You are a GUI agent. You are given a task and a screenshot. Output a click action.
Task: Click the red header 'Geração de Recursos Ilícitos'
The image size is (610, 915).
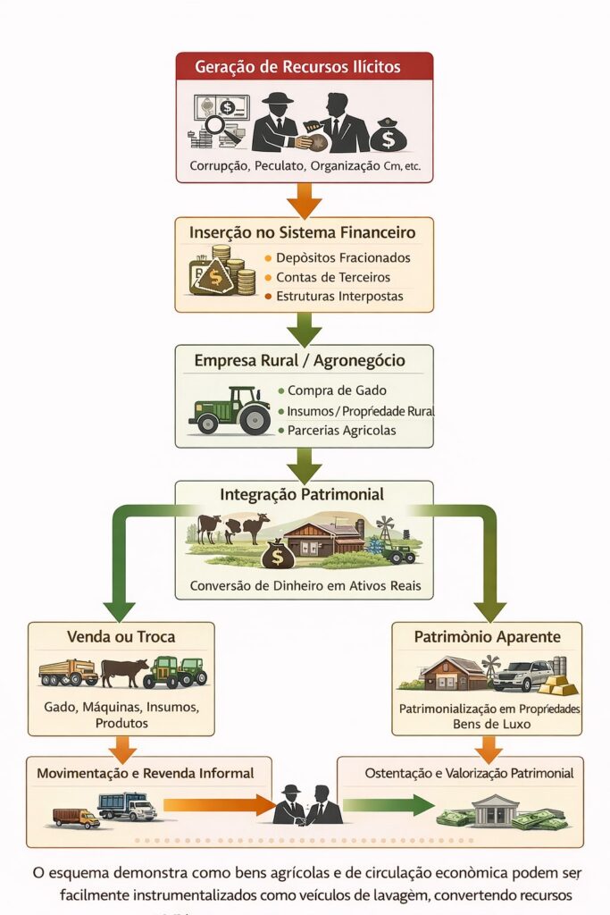[304, 67]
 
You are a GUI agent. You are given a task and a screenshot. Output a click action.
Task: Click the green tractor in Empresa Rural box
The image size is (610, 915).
[230, 411]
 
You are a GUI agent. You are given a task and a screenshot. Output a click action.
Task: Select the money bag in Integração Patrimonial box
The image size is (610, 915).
[278, 556]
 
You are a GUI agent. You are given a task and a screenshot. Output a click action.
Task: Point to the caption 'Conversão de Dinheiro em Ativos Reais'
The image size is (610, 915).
[304, 587]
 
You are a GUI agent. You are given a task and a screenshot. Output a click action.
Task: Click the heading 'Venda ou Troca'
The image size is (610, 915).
[121, 637]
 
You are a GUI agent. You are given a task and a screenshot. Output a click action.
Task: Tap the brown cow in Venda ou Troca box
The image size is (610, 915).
[123, 671]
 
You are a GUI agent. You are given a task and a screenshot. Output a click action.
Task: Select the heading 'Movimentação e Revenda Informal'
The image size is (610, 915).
[146, 773]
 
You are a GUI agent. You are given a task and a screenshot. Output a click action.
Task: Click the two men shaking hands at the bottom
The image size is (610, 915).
[306, 805]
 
